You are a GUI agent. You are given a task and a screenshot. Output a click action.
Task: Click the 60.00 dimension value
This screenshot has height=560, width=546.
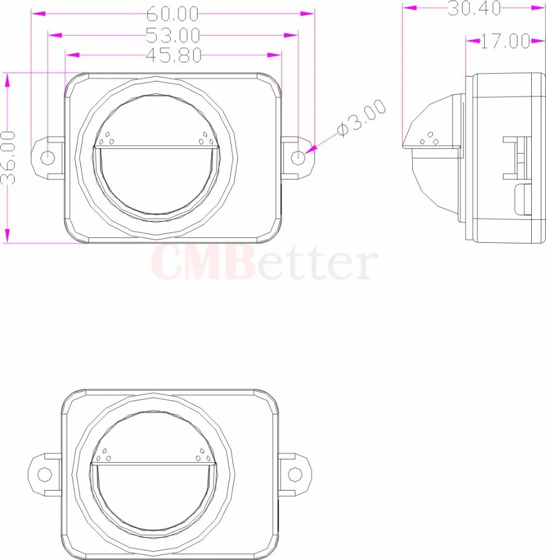tap(173, 14)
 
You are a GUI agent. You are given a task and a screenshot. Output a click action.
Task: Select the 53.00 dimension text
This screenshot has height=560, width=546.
tap(173, 36)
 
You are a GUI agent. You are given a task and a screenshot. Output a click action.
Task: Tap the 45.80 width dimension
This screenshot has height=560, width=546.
tap(174, 55)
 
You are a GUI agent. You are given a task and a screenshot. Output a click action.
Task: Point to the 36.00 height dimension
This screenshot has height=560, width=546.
tap(8, 157)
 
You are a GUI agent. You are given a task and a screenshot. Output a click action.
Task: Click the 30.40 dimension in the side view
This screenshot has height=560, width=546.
tap(474, 8)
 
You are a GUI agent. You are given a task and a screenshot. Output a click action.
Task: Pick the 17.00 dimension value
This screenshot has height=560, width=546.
tap(506, 41)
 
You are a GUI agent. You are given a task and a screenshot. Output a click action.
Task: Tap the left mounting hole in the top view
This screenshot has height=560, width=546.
tap(48, 157)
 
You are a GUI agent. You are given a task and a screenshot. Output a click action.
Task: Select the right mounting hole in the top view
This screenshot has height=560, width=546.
tap(298, 157)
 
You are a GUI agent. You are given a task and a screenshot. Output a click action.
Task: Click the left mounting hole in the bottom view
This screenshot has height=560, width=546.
tap(45, 474)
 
